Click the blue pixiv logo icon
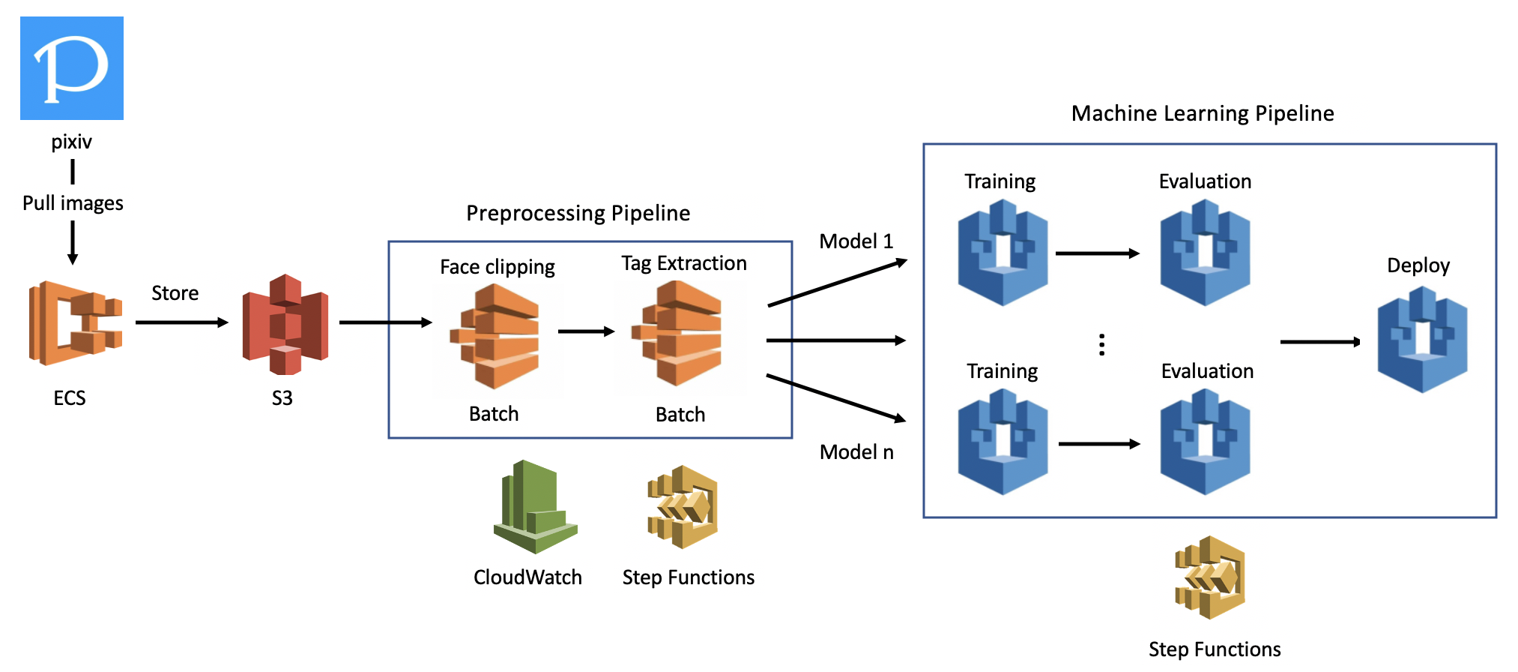[72, 68]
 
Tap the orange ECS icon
[75, 323]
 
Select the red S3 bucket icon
[285, 324]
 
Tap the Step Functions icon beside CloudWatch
[683, 507]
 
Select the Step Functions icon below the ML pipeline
[1210, 577]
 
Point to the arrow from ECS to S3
[181, 322]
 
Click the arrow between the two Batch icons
[586, 331]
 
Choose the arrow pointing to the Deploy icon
[1320, 342]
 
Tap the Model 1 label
[856, 241]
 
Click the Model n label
[856, 452]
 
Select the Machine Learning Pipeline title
[1203, 113]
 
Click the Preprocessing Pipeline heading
[578, 213]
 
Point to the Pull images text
[73, 203]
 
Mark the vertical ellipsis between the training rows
[1101, 344]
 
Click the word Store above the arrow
[175, 293]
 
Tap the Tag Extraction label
[683, 263]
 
